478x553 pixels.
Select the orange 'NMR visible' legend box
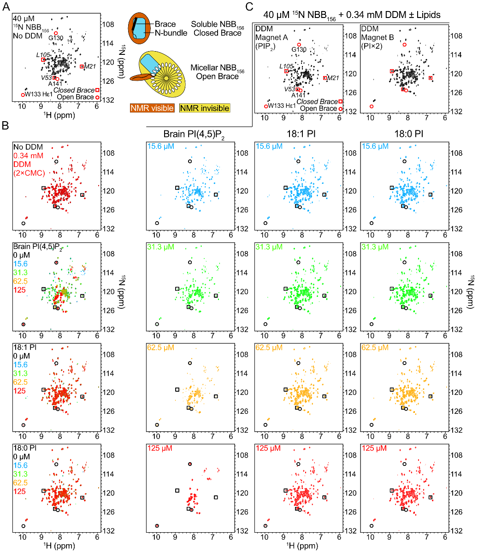click(x=152, y=108)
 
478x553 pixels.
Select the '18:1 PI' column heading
click(x=298, y=134)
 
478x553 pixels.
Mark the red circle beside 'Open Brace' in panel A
click(x=97, y=97)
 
